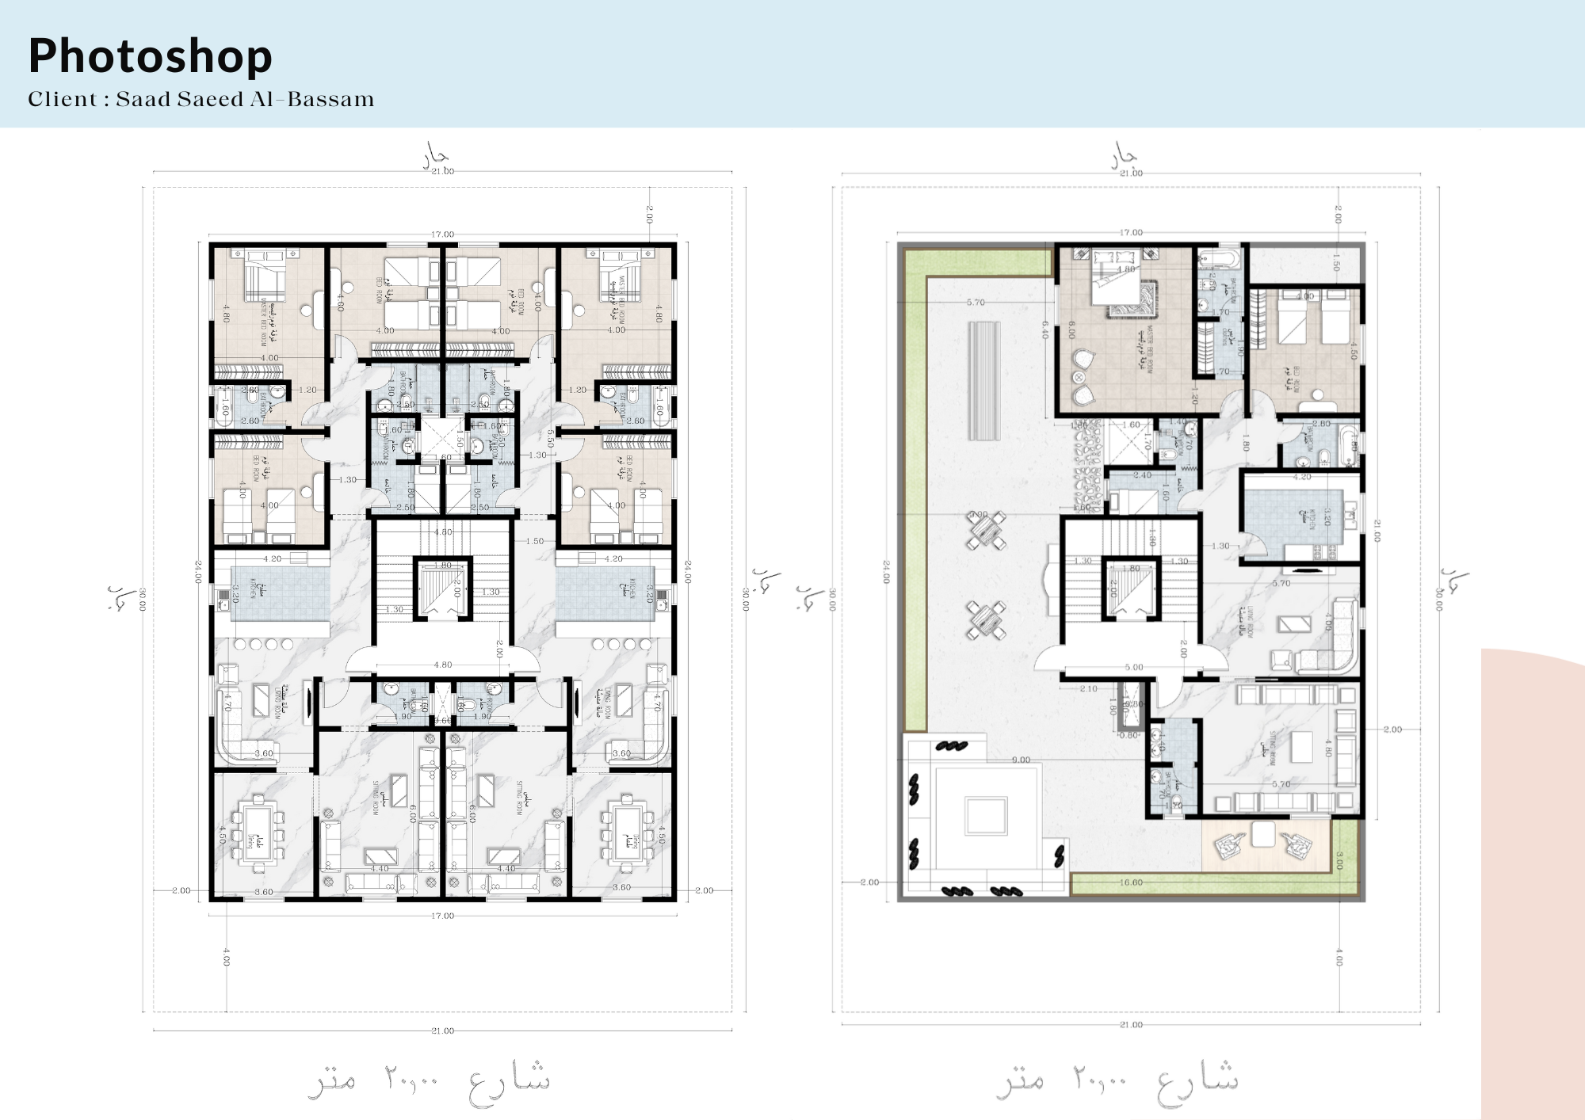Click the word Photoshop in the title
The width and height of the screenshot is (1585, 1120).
coord(150,55)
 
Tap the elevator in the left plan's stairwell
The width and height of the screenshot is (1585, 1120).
coord(444,588)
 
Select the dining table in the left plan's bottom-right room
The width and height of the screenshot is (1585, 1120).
coord(626,832)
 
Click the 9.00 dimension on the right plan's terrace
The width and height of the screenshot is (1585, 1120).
coord(1021,760)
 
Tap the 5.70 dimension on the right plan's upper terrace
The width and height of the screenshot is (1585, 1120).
coord(976,303)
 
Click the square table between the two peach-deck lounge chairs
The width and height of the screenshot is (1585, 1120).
coord(1263,834)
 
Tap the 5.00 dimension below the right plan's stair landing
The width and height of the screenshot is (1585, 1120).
coord(1133,667)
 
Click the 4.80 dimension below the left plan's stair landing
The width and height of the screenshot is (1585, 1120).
coord(442,665)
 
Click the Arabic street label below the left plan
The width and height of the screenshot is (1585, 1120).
coord(429,1079)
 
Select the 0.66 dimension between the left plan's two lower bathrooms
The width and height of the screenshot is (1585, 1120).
coord(443,720)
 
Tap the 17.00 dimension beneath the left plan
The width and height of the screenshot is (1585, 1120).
coord(442,916)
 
